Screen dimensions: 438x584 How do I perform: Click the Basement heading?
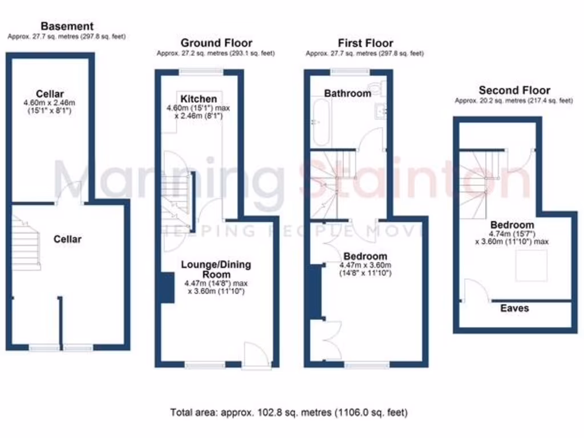pyautogui.click(x=67, y=26)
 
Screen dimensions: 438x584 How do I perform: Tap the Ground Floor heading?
pyautogui.click(x=216, y=43)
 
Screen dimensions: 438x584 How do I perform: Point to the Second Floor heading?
pyautogui.click(x=514, y=90)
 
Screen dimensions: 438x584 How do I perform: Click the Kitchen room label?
pyautogui.click(x=199, y=99)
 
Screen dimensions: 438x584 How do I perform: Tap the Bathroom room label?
pyautogui.click(x=347, y=93)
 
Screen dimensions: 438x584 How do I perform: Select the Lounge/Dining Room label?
pyautogui.click(x=216, y=269)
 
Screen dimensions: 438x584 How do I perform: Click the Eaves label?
pyautogui.click(x=514, y=309)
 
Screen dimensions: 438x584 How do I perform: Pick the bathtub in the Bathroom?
pyautogui.click(x=319, y=121)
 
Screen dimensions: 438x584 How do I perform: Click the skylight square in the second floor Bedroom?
pyautogui.click(x=531, y=266)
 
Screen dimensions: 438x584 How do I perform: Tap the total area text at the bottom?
pyautogui.click(x=289, y=412)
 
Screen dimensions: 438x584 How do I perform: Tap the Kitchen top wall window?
pyautogui.click(x=200, y=72)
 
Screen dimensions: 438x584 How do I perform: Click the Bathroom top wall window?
pyautogui.click(x=350, y=72)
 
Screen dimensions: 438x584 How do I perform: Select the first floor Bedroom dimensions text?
pyautogui.click(x=365, y=269)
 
